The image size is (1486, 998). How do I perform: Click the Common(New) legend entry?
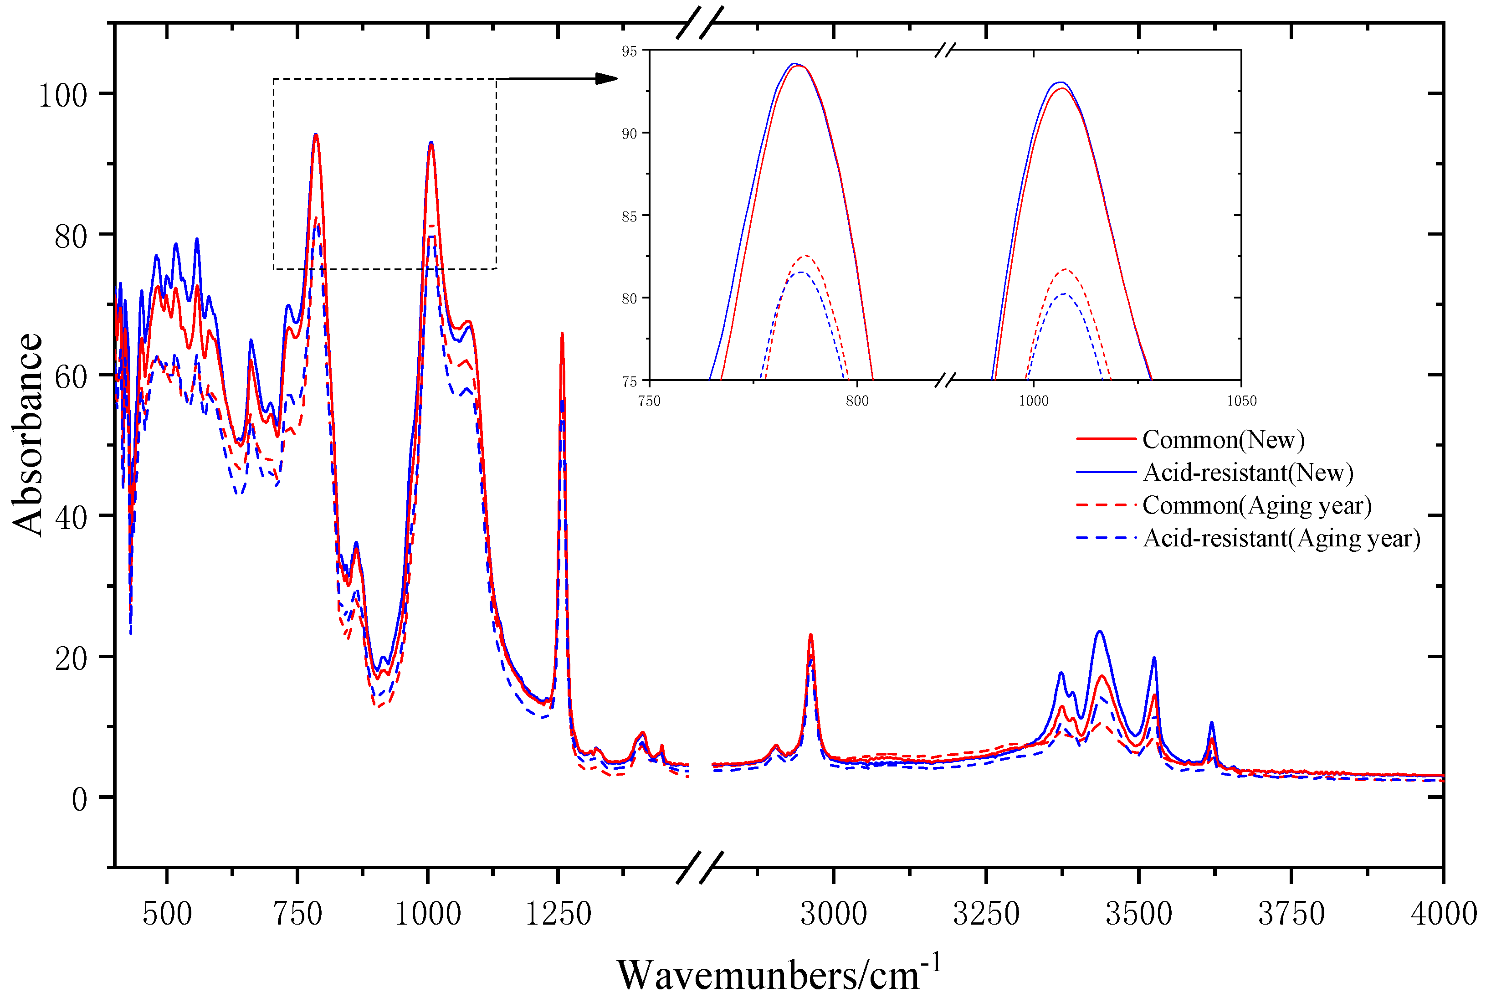click(1223, 440)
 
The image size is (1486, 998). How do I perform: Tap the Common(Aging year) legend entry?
click(1256, 505)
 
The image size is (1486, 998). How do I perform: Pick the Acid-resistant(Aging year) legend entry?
click(1281, 539)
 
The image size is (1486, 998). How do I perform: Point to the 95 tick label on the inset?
click(629, 51)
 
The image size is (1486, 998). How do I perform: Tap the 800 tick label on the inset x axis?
click(857, 401)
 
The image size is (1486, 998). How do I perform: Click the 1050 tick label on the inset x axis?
click(1241, 401)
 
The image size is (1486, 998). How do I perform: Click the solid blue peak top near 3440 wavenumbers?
click(1099, 632)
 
